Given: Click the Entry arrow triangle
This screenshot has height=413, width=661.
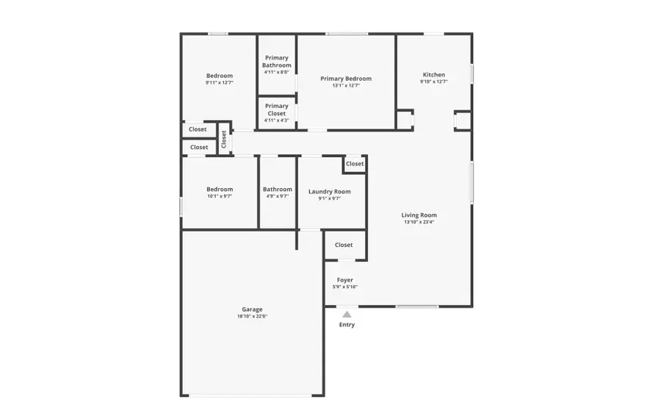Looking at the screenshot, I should click(x=347, y=315).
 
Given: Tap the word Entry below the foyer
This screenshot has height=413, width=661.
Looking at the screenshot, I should click(x=347, y=325).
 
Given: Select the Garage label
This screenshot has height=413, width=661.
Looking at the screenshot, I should click(x=252, y=309).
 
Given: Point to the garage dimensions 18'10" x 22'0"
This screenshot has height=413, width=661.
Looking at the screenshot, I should click(x=252, y=317).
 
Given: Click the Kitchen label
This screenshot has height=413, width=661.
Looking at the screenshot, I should click(x=433, y=74).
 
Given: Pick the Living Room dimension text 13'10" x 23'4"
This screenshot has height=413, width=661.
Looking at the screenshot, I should click(x=419, y=222).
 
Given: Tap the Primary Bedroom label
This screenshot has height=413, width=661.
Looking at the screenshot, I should click(x=346, y=79).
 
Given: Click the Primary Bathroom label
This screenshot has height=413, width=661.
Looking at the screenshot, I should click(x=277, y=62).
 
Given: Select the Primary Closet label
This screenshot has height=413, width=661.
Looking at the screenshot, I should click(x=277, y=109).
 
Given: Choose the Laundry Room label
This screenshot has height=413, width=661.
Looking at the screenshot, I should click(x=329, y=191).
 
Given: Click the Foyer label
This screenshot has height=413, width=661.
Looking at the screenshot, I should click(x=345, y=280).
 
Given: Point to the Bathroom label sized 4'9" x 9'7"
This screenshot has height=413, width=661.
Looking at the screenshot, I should click(x=278, y=190).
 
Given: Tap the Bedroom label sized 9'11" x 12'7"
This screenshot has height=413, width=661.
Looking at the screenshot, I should click(x=220, y=76).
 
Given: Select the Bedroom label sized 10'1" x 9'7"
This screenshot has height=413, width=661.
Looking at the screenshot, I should click(x=220, y=190).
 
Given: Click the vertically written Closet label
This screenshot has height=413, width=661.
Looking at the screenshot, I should click(x=224, y=138).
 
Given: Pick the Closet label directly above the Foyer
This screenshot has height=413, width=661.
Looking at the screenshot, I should click(x=344, y=245).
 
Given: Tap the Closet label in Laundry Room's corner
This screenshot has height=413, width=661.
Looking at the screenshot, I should click(x=355, y=164).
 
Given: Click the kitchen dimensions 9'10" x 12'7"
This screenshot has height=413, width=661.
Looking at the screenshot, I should click(x=433, y=82).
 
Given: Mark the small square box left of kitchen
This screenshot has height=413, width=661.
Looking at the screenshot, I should click(x=405, y=120).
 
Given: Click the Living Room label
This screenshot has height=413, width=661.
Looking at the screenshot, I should click(x=419, y=215).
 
